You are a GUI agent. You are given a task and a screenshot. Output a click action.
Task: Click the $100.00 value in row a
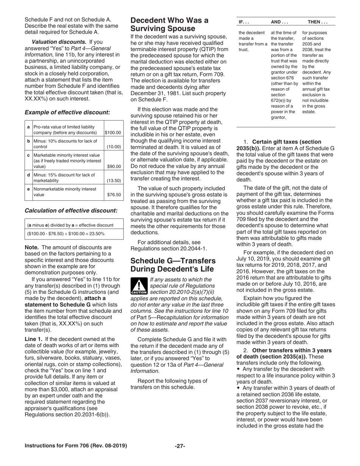click(113, 133)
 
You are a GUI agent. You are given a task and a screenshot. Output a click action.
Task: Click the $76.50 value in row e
click(114, 195)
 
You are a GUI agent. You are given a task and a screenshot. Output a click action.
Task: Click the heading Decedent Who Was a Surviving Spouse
click(169, 24)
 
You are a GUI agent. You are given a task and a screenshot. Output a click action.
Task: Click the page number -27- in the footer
click(180, 446)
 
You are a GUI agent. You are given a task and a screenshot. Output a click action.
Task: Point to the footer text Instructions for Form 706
click(75, 446)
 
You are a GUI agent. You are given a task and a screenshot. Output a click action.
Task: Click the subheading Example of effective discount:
click(67, 112)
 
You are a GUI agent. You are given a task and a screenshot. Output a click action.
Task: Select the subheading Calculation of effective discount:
click(71, 210)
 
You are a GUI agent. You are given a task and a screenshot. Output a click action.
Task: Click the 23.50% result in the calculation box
click(97, 234)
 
